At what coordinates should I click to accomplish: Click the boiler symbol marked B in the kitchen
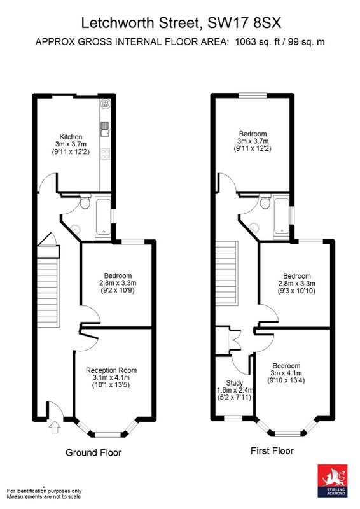coord(105,104)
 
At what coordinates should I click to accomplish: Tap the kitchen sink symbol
coord(105,130)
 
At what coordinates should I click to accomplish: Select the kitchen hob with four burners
coord(105,153)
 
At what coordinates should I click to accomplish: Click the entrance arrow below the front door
coord(55,427)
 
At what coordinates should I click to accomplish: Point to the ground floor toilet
coord(85,202)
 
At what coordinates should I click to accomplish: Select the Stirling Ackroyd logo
coord(333,480)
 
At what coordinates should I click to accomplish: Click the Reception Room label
coord(111,370)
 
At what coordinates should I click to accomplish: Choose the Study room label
coord(234,383)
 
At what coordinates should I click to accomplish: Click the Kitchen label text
coord(71,137)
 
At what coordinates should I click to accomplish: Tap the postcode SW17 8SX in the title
coord(244,24)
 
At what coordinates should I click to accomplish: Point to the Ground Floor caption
coord(93,452)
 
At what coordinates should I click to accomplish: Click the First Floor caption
coord(272,450)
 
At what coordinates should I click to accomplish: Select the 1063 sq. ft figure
coord(258,42)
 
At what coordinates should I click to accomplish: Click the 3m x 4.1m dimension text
coord(286,373)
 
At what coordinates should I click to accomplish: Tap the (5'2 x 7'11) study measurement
coord(234,397)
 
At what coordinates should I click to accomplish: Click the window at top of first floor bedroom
coord(253,95)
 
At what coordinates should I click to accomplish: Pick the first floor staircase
coord(227,273)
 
